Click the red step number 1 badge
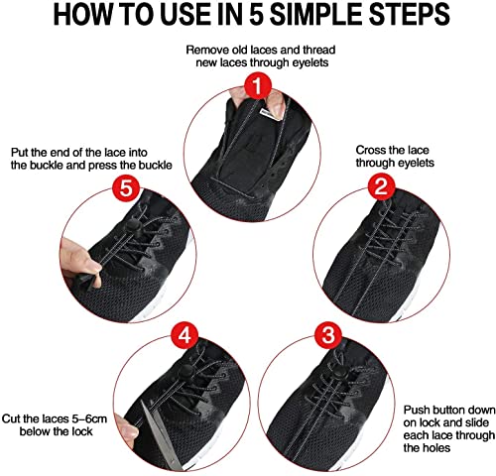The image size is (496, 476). click(258, 85)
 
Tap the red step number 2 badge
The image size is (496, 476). click(381, 186)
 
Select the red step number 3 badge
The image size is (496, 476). click(328, 335)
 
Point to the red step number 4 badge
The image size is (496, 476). click(185, 335)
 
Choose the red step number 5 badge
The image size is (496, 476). click(126, 188)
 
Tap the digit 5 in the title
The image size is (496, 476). click(258, 15)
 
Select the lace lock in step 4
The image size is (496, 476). click(186, 372)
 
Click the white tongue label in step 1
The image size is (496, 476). click(268, 114)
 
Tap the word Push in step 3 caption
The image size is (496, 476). click(416, 410)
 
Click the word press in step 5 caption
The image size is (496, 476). click(119, 165)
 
